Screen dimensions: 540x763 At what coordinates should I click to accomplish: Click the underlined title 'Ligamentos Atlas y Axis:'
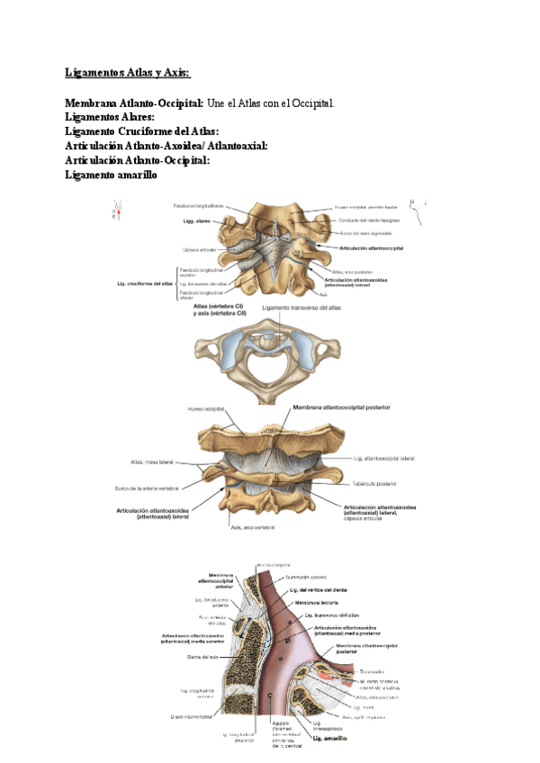(x=129, y=73)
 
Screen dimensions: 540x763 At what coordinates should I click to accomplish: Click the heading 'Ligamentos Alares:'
(x=110, y=118)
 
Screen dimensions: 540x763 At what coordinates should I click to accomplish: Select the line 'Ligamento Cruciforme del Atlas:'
(x=142, y=132)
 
